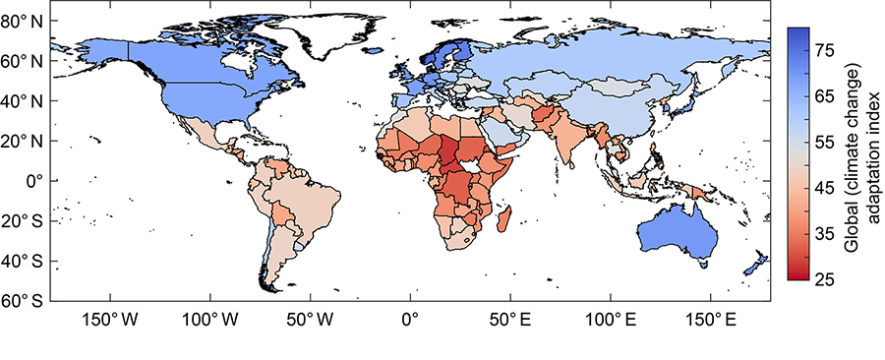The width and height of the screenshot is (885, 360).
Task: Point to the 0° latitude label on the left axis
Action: (31, 181)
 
